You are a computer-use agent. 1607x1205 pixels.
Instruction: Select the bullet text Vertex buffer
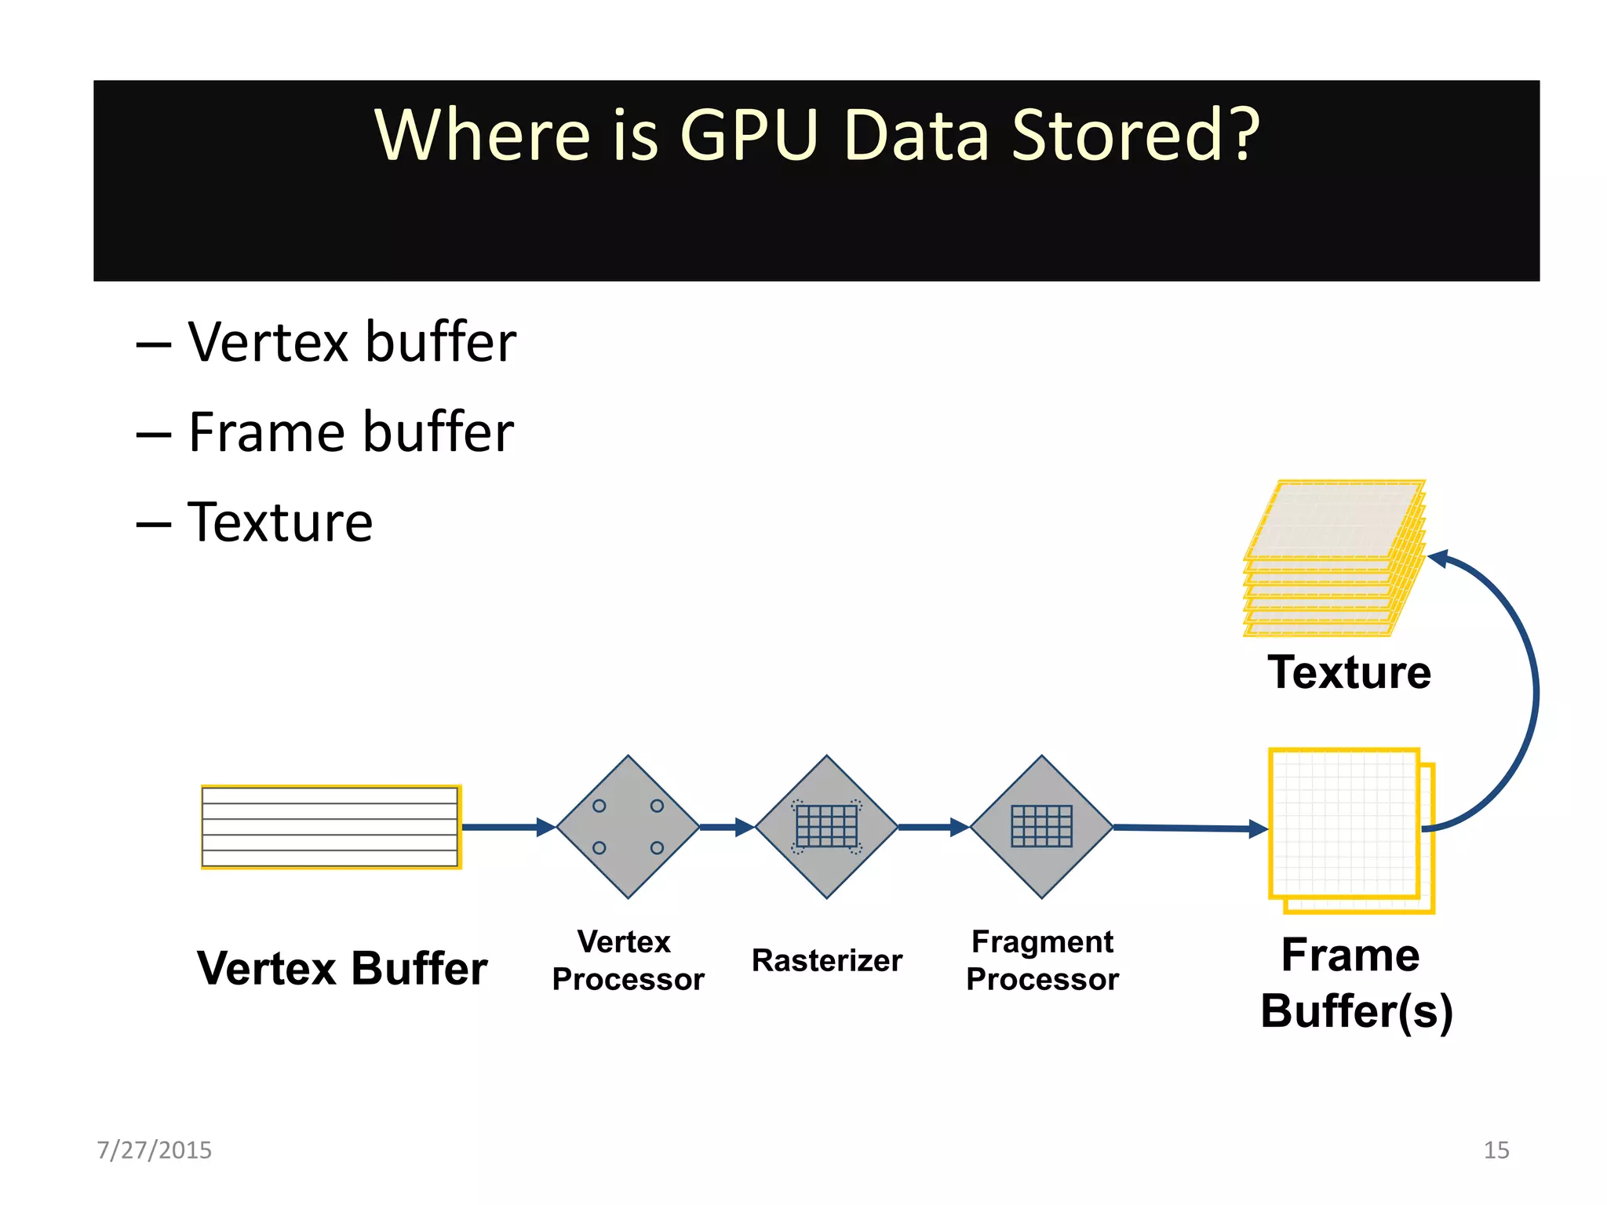click(352, 343)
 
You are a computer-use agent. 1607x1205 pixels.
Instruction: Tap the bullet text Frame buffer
click(351, 433)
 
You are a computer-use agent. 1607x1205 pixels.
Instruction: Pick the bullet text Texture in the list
click(280, 522)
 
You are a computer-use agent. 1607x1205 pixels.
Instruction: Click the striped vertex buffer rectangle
click(330, 827)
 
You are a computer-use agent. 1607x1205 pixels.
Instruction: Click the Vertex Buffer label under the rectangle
click(342, 968)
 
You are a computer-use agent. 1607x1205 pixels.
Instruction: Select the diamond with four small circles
click(628, 827)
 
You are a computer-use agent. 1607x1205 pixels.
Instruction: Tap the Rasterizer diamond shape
click(826, 827)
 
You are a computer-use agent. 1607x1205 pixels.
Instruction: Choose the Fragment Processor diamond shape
click(1041, 827)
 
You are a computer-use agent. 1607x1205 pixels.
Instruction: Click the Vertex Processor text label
click(628, 960)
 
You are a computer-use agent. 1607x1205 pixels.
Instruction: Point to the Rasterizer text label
click(826, 960)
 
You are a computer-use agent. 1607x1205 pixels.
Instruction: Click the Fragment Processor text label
click(1042, 960)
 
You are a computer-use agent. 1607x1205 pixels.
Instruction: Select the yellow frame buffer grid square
click(1345, 824)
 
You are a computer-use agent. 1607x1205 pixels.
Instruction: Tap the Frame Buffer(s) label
click(1356, 983)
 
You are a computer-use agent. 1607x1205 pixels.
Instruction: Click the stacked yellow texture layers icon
click(1334, 557)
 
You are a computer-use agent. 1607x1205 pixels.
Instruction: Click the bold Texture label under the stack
click(1349, 672)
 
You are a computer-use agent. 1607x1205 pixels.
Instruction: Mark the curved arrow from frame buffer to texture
click(1534, 690)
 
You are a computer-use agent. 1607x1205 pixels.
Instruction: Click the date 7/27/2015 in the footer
click(154, 1150)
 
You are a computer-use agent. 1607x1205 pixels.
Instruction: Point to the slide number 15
click(1496, 1150)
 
